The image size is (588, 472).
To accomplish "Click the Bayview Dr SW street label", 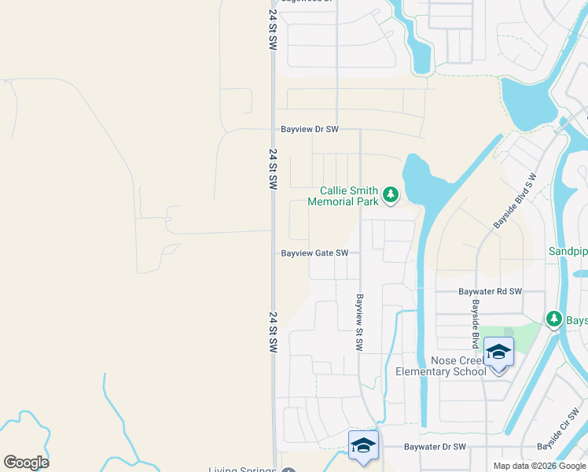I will [x=310, y=129].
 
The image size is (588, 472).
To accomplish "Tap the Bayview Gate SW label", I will [x=314, y=253].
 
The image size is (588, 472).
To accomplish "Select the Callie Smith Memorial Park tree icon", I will [x=391, y=194].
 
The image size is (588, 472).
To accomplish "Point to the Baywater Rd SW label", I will [x=491, y=291].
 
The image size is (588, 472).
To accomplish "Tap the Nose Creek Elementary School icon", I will [x=498, y=351].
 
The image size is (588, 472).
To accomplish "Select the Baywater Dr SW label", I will [x=435, y=447].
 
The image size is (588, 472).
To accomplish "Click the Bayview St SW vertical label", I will [x=359, y=323].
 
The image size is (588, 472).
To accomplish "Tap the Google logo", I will [x=26, y=463].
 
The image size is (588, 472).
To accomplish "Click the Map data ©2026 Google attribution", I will [x=539, y=466].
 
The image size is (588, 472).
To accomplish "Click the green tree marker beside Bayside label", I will [x=554, y=319].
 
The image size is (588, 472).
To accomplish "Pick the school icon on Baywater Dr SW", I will [x=363, y=445].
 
